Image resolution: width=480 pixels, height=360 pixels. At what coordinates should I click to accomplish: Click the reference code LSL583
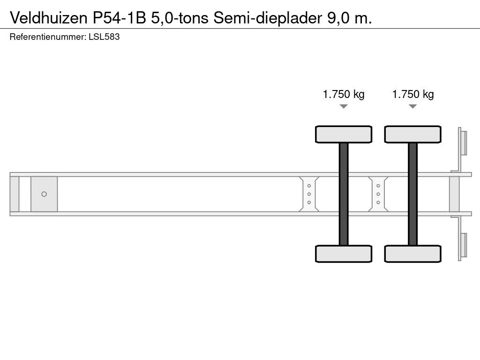(104, 37)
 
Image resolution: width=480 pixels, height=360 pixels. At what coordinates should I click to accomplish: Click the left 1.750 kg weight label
(344, 94)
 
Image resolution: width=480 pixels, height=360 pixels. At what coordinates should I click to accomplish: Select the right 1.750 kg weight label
(412, 94)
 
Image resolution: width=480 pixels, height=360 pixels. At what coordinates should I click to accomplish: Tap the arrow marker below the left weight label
(344, 106)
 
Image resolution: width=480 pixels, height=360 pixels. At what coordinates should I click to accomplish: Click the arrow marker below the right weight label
(412, 106)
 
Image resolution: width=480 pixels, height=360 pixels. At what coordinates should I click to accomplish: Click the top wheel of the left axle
(344, 134)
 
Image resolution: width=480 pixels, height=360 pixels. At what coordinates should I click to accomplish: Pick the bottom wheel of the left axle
(344, 254)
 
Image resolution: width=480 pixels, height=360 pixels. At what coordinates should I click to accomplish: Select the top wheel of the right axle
(412, 134)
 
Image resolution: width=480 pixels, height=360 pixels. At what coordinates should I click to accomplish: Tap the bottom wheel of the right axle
(412, 254)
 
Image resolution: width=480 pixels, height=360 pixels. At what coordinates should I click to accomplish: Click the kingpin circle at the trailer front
(44, 194)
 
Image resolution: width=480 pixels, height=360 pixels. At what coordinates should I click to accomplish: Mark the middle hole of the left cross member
(309, 194)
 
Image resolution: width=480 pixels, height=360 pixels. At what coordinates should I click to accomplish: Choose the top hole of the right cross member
(378, 186)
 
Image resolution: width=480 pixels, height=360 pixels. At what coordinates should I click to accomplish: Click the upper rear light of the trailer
(463, 142)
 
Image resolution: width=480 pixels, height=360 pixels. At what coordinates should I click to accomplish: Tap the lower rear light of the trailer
(463, 245)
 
